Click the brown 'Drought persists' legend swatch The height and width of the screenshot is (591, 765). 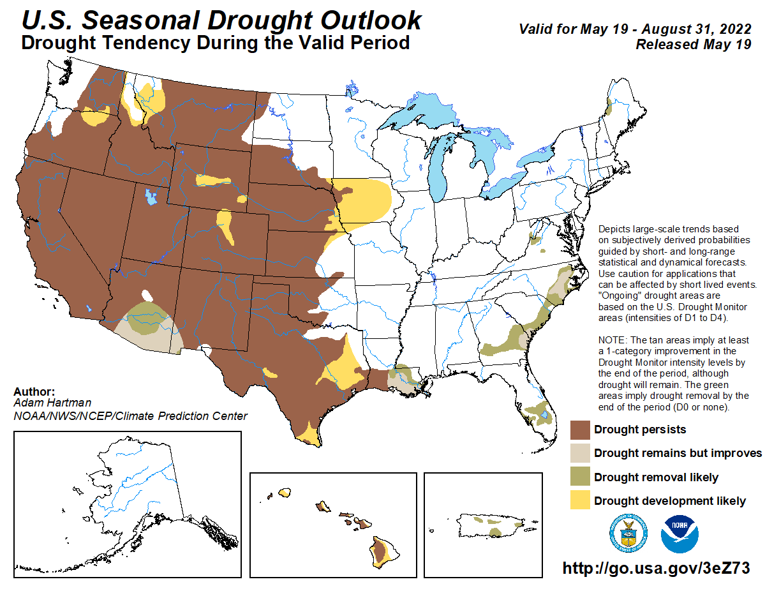point(579,430)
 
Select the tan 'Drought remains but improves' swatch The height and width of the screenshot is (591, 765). point(579,453)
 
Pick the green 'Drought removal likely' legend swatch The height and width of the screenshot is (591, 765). point(579,477)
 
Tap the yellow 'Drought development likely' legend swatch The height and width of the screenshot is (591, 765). point(579,501)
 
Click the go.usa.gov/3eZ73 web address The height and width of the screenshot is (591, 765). point(655,569)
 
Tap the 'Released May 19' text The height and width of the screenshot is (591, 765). point(693,44)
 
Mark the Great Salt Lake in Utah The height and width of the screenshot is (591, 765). point(151,196)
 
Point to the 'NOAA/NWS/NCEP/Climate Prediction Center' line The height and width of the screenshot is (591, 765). point(130,416)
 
